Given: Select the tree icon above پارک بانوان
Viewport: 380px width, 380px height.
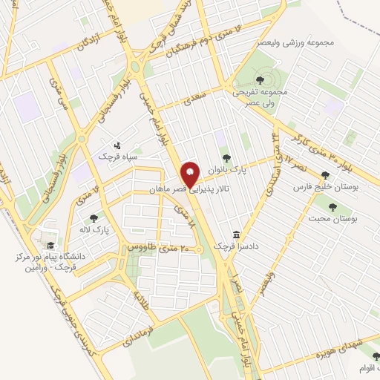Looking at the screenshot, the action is click(226, 157).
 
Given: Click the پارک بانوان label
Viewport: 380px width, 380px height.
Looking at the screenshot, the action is click(227, 169).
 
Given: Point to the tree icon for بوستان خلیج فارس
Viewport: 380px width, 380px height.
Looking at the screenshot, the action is click(325, 175).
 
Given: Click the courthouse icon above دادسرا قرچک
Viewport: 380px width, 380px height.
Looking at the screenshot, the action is click(236, 234).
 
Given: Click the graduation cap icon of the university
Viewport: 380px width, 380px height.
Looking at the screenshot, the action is click(49, 246).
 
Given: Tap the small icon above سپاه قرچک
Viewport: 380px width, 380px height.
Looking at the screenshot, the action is click(117, 145).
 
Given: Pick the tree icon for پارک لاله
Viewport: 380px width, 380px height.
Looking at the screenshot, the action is click(94, 217).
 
